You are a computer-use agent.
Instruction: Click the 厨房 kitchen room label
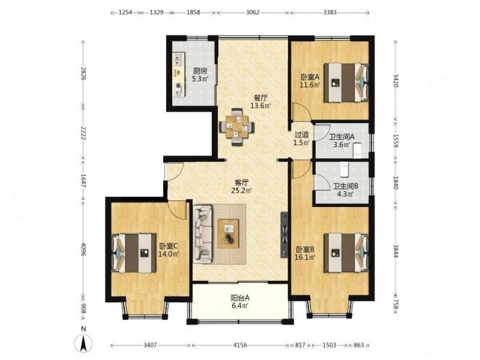(x=200, y=71)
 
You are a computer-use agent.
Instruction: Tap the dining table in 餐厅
(x=236, y=127)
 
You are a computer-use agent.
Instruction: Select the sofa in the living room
(x=203, y=234)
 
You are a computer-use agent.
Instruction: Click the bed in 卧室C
(x=135, y=253)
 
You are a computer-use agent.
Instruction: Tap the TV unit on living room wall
(x=284, y=234)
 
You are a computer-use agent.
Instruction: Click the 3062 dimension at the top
(x=253, y=12)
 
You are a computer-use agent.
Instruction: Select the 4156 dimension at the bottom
(x=240, y=345)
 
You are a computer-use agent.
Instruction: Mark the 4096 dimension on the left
(x=83, y=248)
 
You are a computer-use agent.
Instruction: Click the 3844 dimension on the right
(x=396, y=249)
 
